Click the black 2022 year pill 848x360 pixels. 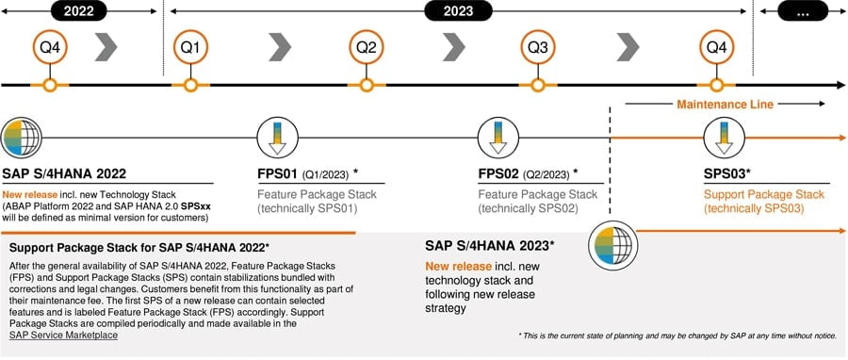coord(79,10)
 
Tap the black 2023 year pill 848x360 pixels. coord(458,10)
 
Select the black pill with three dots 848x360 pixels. coord(803,10)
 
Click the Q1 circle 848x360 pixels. coord(190,47)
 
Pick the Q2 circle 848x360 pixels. coord(367,47)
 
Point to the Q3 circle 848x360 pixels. coord(538,47)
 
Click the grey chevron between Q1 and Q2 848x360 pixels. coord(280,47)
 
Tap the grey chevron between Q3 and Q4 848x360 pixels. coord(628,47)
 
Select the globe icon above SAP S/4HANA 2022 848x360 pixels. coord(21,138)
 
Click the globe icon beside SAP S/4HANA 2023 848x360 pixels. coord(612,247)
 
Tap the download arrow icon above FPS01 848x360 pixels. coord(277,138)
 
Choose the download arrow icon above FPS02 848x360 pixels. coord(498,138)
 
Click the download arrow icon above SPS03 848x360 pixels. coord(724,138)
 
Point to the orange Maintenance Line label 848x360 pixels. coord(726,105)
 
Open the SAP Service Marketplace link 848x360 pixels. coord(64,335)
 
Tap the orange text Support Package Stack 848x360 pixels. coord(763,194)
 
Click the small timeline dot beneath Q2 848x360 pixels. coord(367,86)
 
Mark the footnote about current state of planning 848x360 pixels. coord(677,335)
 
